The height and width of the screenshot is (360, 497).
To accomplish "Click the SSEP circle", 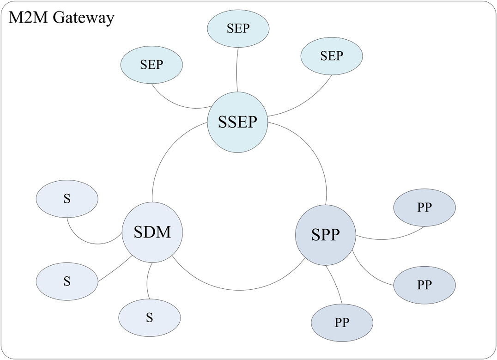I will click(237, 122).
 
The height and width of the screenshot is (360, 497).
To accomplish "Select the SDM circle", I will click(152, 232).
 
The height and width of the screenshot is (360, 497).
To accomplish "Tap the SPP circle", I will click(325, 235).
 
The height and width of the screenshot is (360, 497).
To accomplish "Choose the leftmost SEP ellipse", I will click(152, 64).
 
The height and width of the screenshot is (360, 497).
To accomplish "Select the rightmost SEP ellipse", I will click(332, 56).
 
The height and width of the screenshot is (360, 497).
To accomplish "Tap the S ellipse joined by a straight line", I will click(67, 281).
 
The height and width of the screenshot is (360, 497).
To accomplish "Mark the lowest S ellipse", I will click(149, 317).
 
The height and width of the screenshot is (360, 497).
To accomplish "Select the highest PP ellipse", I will click(424, 208).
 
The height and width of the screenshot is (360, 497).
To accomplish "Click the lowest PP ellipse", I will click(342, 321).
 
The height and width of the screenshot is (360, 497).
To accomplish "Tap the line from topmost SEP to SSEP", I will click(237, 69).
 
